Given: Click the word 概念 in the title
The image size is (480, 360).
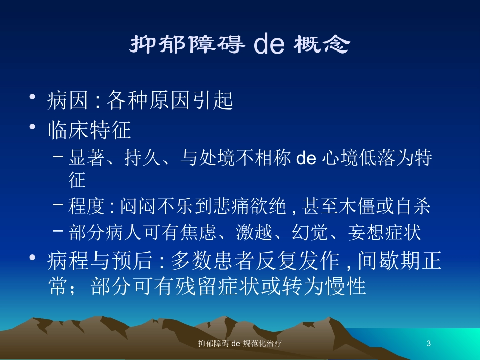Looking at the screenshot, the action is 321,44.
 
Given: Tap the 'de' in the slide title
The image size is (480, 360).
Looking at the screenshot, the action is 269,44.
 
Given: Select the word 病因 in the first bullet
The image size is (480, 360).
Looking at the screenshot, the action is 68,100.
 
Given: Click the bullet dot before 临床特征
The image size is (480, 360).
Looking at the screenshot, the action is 32,127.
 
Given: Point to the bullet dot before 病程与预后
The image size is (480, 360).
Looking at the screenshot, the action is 32,258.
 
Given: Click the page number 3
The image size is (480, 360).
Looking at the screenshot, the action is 428,343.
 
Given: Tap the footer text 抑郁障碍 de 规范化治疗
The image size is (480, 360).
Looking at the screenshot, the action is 239,343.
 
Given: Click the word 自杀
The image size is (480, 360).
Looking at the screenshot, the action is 413,206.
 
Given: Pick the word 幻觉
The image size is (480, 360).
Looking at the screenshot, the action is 309,232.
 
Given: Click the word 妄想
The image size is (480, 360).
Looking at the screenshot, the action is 366,232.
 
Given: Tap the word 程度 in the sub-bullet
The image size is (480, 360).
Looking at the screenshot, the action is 86,206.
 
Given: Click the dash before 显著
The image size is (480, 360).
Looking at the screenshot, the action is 58,156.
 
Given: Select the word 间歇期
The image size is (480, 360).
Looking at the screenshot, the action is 389,261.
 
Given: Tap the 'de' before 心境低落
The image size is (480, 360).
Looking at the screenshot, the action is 306,158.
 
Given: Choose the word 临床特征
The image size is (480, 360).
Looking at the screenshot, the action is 89,130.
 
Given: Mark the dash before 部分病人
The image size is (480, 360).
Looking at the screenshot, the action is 58,230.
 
